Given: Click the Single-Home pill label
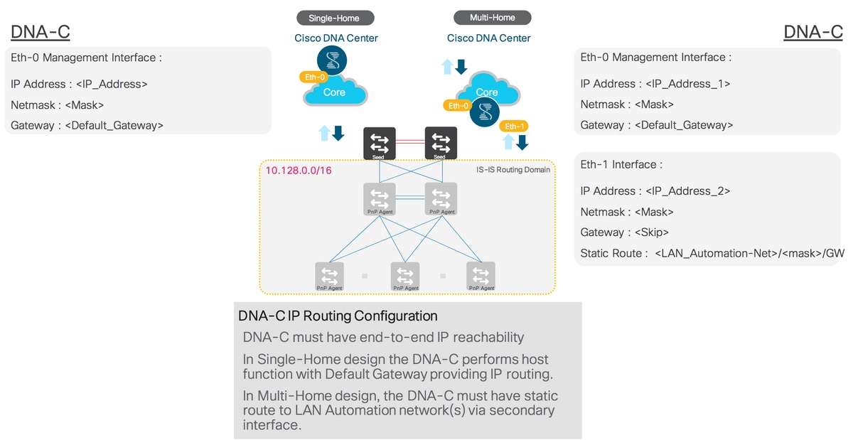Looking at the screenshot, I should pos(333,18).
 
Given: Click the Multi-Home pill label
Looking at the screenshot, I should pos(492,18).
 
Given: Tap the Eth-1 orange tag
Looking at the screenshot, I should pos(513,127).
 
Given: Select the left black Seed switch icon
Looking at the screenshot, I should pos(379,143).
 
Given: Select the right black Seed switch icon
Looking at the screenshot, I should pos(440,143).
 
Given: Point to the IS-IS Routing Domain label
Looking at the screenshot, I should pos(513,170).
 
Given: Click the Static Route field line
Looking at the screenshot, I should pos(711,253).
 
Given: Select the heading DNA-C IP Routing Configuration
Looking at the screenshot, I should pos(338,316).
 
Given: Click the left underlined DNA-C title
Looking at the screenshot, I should pos(41,32).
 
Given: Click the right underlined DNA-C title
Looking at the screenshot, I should pos(812,32).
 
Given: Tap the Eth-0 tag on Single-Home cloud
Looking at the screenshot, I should pos(313,77).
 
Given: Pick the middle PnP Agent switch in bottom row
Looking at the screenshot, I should pos(405,276).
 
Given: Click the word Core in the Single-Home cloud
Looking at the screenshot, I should pos(334,92).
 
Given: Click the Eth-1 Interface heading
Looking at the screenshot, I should pos(621,164).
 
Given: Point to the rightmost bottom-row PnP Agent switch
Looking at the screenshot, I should pos(481,276).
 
